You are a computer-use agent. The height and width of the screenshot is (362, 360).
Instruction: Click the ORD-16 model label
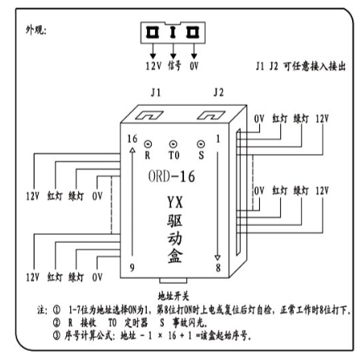(171, 177)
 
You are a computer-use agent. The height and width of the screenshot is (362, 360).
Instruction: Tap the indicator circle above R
(148, 144)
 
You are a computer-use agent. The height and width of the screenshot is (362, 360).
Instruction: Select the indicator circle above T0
(174, 144)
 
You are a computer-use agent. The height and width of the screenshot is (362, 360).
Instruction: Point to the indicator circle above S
(200, 144)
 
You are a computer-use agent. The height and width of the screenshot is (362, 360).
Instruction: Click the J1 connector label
(156, 93)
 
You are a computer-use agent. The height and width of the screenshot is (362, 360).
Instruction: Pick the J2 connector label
(219, 93)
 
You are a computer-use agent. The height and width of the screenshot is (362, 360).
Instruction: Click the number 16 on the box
(132, 139)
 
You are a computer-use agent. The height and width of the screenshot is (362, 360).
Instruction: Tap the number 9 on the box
(132, 268)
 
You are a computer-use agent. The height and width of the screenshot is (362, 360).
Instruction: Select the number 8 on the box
(218, 268)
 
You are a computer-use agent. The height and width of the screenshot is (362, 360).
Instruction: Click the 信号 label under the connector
(174, 65)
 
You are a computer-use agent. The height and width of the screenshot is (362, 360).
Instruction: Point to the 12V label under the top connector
(153, 66)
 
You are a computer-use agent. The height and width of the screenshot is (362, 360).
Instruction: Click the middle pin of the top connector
(173, 32)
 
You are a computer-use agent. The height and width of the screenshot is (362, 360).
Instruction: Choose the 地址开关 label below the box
(174, 297)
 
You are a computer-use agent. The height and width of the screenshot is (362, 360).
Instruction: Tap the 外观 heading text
(36, 30)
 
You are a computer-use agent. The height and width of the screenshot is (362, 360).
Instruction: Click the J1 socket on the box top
(149, 115)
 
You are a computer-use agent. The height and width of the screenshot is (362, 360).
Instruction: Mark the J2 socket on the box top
(211, 115)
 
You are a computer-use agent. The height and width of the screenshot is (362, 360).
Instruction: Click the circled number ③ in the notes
(57, 335)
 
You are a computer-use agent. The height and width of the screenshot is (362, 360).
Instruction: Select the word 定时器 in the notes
(136, 322)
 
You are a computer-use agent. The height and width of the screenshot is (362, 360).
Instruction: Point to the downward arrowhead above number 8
(218, 258)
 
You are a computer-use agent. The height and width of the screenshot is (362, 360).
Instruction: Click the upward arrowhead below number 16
(132, 151)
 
